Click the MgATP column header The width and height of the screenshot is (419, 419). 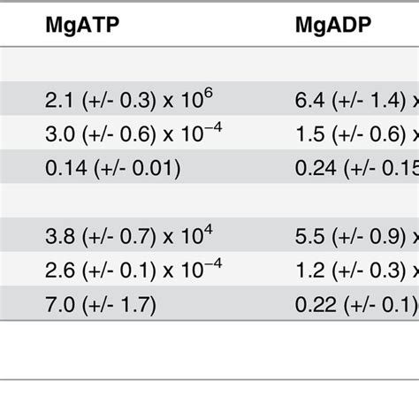(x=82, y=27)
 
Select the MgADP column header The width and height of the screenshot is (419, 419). (x=333, y=27)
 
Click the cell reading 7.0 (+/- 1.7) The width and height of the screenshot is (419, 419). (x=100, y=306)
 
